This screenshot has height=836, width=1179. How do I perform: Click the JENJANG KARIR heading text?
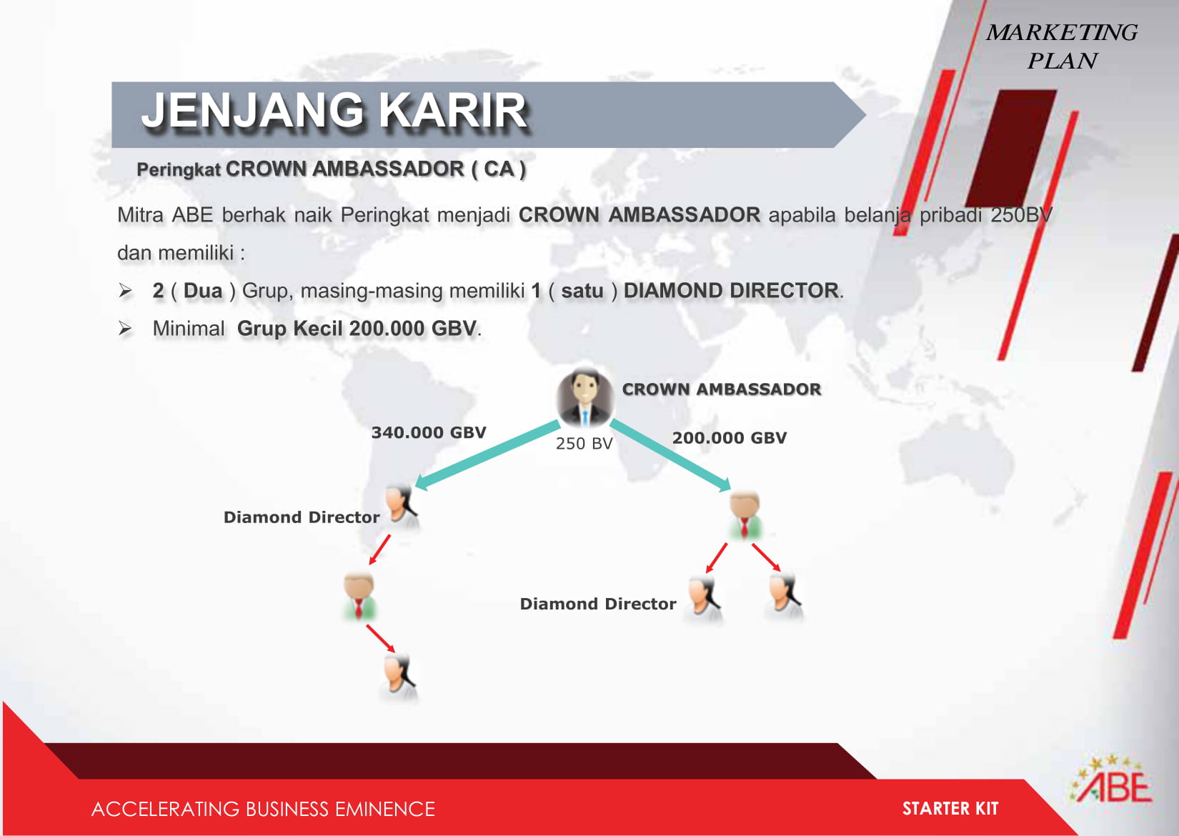334,111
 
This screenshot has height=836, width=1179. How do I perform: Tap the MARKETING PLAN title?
1062,46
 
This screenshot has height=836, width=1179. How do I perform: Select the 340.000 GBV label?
429,432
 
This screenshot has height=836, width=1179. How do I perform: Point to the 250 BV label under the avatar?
584,443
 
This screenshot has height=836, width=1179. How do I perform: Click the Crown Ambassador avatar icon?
584,398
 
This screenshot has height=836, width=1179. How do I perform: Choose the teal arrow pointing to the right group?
670,455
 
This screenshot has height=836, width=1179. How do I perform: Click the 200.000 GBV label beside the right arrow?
729,437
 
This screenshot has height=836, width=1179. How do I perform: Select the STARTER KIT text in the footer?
950,808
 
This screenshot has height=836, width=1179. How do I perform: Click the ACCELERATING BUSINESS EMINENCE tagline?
263,809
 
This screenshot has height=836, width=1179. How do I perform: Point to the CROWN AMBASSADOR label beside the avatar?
722,389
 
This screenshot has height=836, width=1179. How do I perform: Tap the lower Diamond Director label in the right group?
598,603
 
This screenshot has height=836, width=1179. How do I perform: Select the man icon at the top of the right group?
745,515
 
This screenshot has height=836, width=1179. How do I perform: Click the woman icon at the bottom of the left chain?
399,677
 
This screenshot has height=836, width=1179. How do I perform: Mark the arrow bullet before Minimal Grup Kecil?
125,329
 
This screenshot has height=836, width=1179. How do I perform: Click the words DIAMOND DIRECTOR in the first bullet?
731,291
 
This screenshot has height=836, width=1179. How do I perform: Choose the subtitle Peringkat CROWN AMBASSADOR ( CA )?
331,169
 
